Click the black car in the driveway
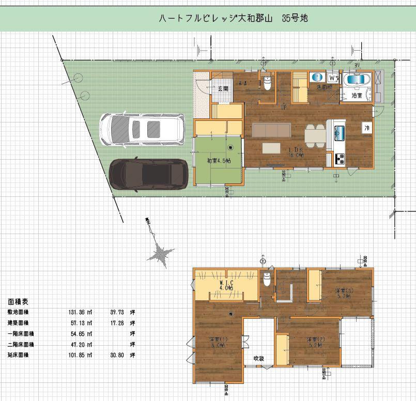149,174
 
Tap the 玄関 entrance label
222,88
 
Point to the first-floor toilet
267,83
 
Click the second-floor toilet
267,280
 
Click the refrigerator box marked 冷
366,128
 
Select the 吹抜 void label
258,359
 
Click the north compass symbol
161,252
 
